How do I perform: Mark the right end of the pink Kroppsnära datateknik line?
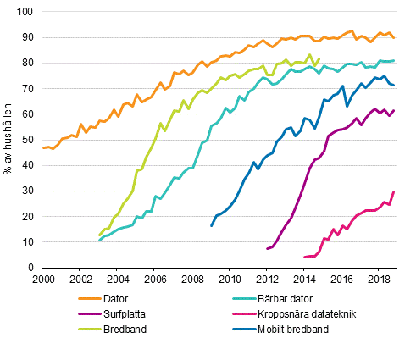394,192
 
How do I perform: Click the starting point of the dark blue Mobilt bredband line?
211,226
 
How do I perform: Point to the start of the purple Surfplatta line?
267,249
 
